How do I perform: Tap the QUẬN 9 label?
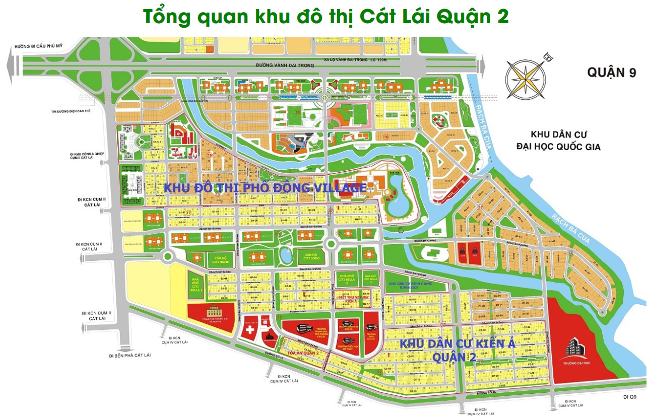[611, 73]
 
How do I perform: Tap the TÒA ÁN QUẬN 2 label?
[304, 353]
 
